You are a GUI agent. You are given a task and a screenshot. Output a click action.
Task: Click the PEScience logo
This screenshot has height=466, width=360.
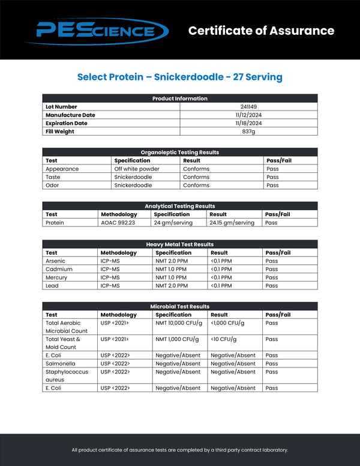pyautogui.click(x=101, y=30)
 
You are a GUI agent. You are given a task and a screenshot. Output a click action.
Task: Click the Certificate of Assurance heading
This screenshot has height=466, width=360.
pyautogui.click(x=261, y=31)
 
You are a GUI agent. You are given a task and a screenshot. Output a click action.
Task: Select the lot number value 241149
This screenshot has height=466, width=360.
pyautogui.click(x=248, y=107)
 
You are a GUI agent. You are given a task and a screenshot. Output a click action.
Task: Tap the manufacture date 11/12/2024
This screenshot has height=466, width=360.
pyautogui.click(x=248, y=115)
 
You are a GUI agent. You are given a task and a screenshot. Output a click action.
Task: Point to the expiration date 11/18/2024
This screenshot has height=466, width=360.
pyautogui.click(x=248, y=123)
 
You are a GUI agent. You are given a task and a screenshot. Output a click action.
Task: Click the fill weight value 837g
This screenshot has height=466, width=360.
pyautogui.click(x=248, y=132)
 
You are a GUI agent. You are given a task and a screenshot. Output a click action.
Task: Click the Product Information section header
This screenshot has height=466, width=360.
pyautogui.click(x=180, y=98)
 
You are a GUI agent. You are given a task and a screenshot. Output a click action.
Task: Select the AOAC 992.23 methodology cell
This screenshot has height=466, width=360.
pyautogui.click(x=119, y=223)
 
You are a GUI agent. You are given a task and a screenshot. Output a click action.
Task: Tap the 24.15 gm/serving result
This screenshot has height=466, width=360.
pyautogui.click(x=232, y=223)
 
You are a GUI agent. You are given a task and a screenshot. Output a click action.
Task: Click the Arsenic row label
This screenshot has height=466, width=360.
pyautogui.click(x=56, y=261)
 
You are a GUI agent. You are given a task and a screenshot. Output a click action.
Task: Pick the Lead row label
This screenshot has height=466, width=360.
pyautogui.click(x=52, y=286)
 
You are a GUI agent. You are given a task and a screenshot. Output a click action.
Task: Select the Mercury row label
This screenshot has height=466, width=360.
pyautogui.click(x=56, y=277)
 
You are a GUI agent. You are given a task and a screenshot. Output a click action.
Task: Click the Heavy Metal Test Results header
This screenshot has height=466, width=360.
pyautogui.click(x=180, y=244)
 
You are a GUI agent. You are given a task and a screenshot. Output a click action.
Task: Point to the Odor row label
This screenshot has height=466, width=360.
pyautogui.click(x=52, y=186)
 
